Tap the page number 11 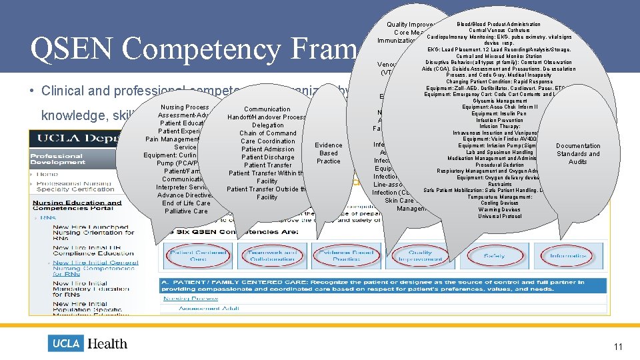pos(618,346)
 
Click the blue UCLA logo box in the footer pos(66,343)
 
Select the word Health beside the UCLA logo pos(107,343)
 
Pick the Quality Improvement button pos(420,255)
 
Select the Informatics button pos(568,255)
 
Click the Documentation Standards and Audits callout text pos(577,153)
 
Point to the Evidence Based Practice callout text pos(328,153)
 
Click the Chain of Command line pos(267,133)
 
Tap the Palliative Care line pos(186,211)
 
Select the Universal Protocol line pos(499,216)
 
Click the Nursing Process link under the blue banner pos(182,298)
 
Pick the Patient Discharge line pos(267,157)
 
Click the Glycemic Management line pos(499,101)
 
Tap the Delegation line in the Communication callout pos(267,125)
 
